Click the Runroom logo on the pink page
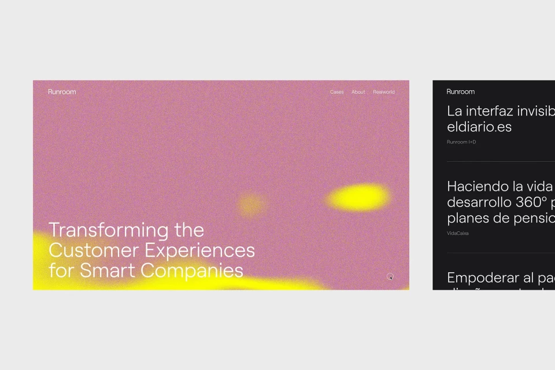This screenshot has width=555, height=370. [x=62, y=92]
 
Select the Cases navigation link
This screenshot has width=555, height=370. [x=336, y=92]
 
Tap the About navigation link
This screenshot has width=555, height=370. [x=358, y=92]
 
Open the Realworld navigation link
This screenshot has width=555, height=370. [x=384, y=92]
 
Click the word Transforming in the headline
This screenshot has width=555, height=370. [x=109, y=230]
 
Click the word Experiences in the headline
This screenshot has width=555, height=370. [x=199, y=250]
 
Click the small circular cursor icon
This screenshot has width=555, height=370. [x=390, y=276]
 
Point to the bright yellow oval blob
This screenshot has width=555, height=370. [x=359, y=197]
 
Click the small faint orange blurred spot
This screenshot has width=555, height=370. [x=251, y=203]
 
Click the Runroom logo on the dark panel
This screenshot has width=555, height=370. [x=461, y=92]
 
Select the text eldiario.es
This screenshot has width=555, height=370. [x=479, y=127]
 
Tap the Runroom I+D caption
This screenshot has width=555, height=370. [x=461, y=142]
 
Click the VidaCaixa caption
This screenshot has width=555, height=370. [x=458, y=234]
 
